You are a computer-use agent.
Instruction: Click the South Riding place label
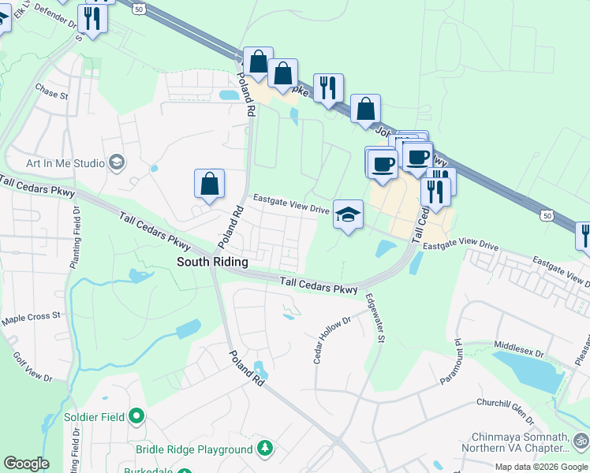[x=212, y=262]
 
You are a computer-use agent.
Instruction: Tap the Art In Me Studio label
[x=65, y=163]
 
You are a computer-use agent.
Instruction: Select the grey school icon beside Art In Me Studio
[x=117, y=162]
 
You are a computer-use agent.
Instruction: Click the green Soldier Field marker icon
[x=136, y=415]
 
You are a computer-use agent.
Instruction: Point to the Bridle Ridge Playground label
[x=194, y=449]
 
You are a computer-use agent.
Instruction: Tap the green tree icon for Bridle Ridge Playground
[x=266, y=449]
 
